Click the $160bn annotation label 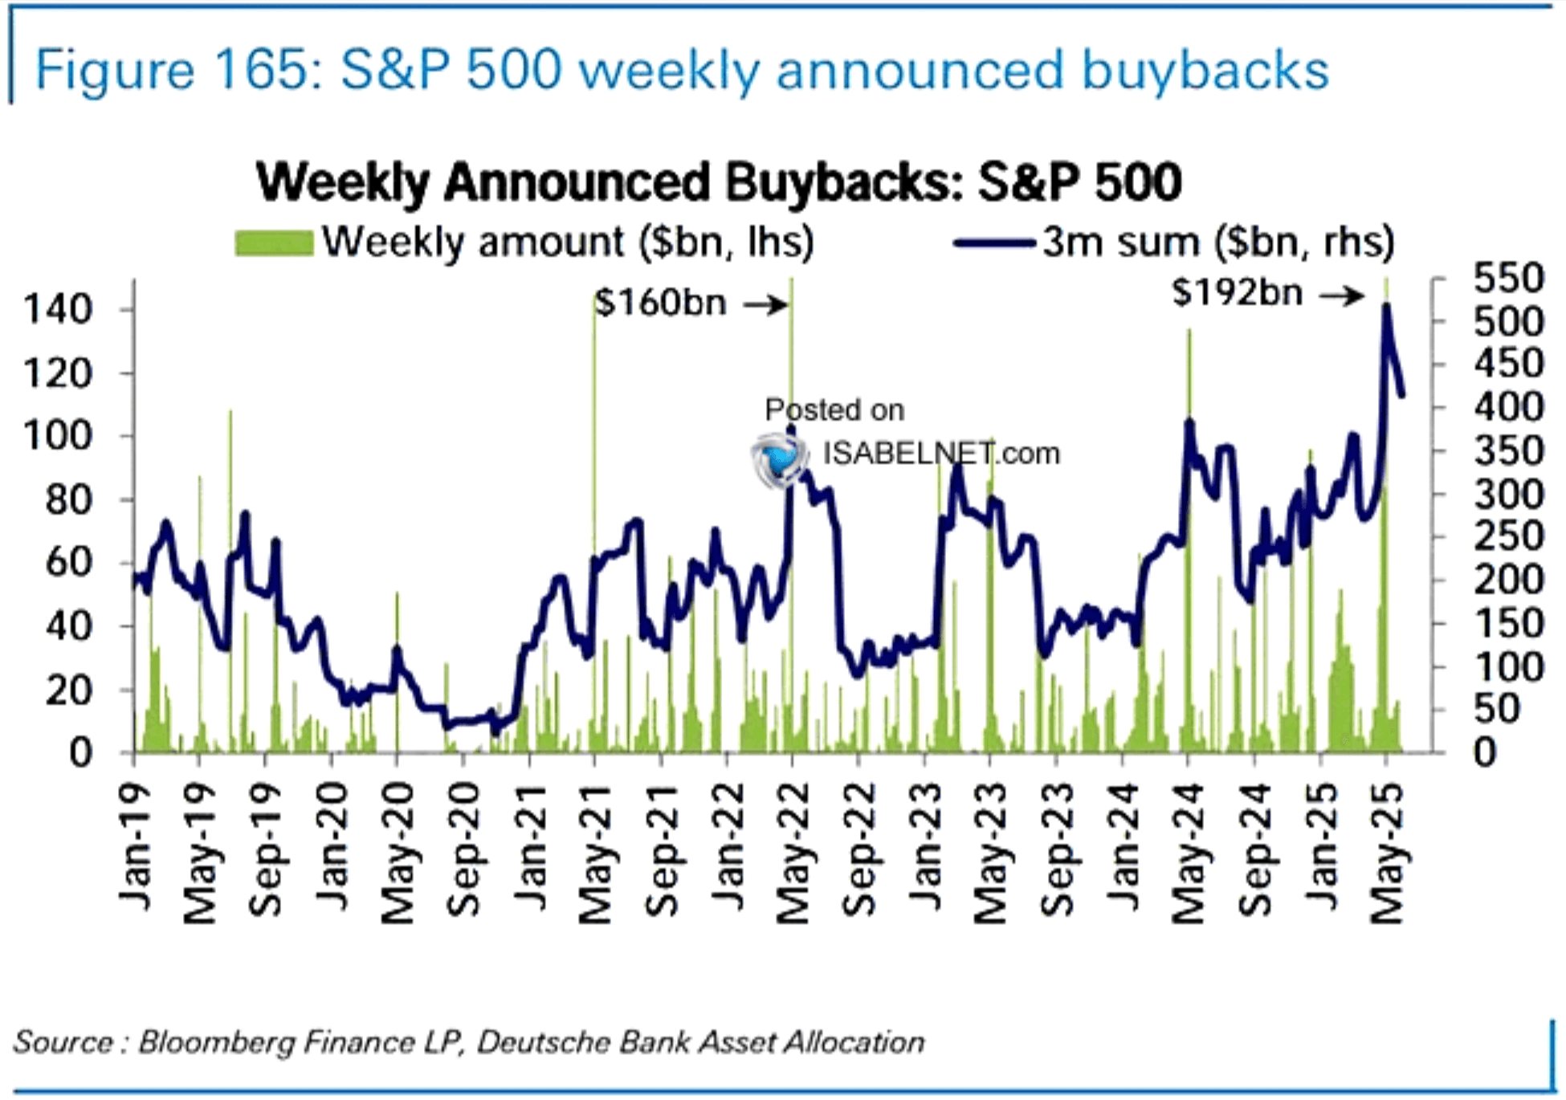point(660,303)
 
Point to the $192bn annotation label point(1237,292)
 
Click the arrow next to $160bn point(765,304)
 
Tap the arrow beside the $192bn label point(1341,295)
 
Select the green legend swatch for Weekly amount point(274,242)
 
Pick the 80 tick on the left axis point(68,499)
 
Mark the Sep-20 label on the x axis point(463,851)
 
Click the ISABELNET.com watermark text point(941,454)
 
